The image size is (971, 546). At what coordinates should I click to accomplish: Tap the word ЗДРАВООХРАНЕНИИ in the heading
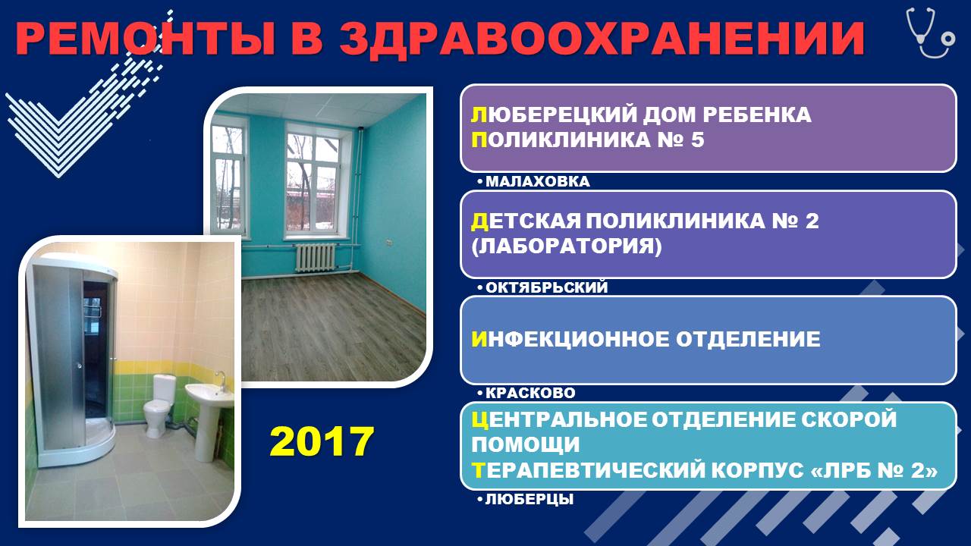(x=602, y=39)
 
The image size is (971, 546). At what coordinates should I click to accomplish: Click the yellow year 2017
(x=322, y=441)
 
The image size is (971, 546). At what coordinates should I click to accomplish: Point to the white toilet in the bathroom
(x=159, y=405)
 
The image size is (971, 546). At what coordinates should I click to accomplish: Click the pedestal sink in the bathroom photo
(x=209, y=416)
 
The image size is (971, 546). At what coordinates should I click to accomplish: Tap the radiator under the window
(x=316, y=257)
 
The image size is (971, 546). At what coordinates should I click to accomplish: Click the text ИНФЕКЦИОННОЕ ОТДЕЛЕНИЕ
(x=646, y=339)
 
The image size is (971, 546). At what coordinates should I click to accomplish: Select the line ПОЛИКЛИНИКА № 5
(x=588, y=140)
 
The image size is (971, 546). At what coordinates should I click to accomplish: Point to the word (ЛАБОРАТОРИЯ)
(x=567, y=246)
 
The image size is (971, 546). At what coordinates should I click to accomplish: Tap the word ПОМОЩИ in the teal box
(x=526, y=445)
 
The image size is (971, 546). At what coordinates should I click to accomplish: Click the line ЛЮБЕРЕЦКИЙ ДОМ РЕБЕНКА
(x=641, y=115)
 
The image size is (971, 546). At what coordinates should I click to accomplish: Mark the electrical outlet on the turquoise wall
(x=389, y=242)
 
